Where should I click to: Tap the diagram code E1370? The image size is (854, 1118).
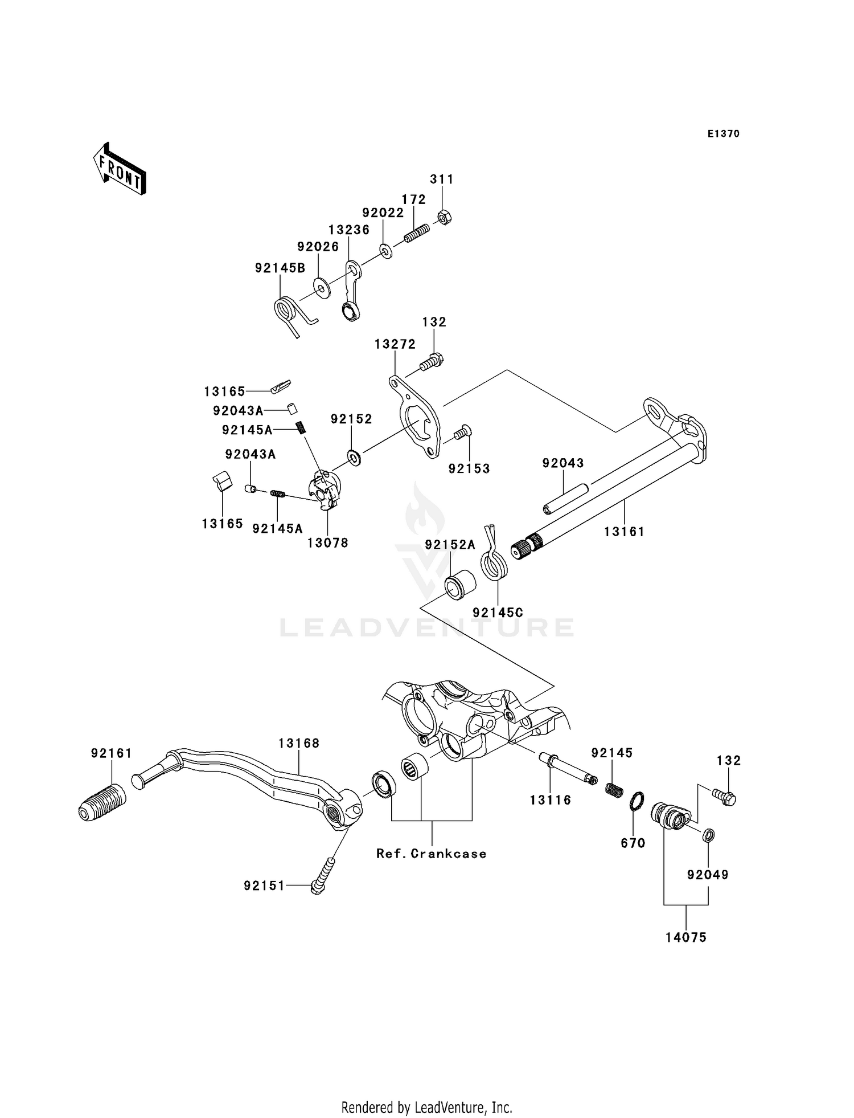pos(723,134)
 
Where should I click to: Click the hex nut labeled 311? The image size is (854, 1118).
pos(444,217)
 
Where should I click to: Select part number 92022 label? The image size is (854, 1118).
pos(383,213)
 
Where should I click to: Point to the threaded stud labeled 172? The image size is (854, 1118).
pos(417,232)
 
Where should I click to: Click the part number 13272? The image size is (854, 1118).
pos(395,344)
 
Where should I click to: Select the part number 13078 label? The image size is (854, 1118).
pos(327,543)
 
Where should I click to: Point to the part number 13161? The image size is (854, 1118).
pos(624,532)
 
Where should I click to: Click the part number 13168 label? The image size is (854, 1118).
pos(299,743)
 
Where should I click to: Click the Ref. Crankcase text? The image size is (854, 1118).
pos(432,853)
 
